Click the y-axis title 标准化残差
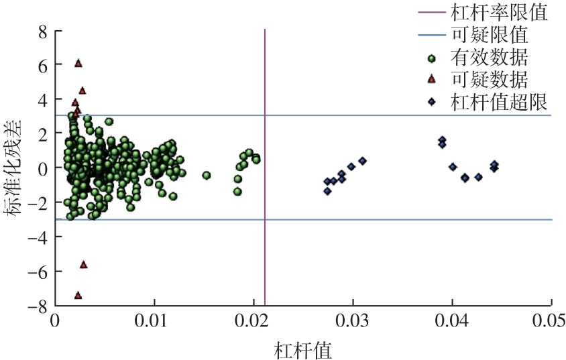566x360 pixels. click(15, 168)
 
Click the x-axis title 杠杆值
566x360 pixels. click(303, 349)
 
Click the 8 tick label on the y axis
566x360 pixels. click(42, 31)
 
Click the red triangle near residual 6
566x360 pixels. click(78, 63)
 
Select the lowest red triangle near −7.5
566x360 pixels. click(78, 295)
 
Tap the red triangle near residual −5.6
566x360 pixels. click(84, 264)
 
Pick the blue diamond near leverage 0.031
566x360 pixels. click(362, 161)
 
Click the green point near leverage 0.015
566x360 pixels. click(207, 175)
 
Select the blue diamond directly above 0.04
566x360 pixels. click(453, 167)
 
